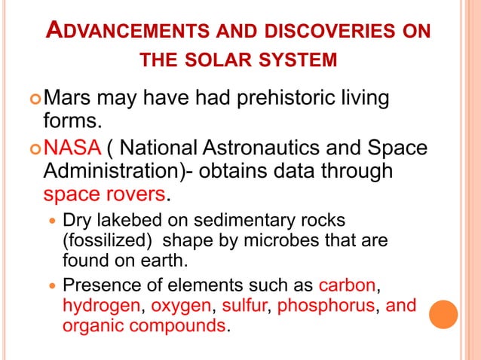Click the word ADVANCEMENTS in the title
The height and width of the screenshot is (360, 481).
pos(118,32)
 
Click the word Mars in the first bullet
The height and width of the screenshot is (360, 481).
pos(69,98)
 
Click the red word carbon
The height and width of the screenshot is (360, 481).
pos(348,286)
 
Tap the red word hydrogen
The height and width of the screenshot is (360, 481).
pos(101,307)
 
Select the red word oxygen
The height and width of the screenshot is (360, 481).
pos(182,307)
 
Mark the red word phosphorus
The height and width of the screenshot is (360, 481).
pos(326,307)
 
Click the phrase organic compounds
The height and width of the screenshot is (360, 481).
pos(144,327)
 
